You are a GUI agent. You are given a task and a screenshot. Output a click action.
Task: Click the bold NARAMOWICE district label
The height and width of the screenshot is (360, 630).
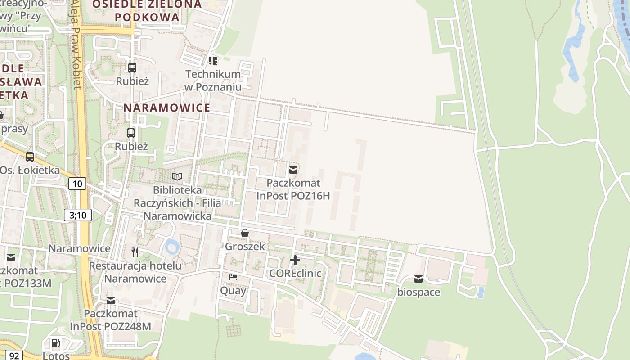(x=167, y=108)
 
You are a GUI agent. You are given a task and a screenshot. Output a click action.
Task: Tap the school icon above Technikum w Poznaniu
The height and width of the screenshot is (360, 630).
(x=213, y=60)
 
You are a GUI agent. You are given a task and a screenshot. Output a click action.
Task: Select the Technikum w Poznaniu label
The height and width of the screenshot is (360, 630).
(x=213, y=80)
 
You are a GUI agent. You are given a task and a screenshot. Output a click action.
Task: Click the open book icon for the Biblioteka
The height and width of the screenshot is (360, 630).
(x=177, y=176)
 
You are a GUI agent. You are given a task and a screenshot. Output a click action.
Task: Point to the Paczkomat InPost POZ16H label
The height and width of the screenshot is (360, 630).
(x=293, y=189)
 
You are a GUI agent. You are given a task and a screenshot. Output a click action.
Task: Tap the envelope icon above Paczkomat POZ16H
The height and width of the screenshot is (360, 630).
(x=293, y=170)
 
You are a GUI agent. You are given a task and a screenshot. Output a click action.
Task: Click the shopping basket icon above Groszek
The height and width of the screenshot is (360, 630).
(x=245, y=233)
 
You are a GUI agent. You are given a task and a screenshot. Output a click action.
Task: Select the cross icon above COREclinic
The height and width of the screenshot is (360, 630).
(x=295, y=260)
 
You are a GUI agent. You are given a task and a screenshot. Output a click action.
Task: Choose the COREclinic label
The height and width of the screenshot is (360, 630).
(x=295, y=273)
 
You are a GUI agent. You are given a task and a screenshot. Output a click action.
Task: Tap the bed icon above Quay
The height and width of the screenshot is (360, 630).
(x=233, y=277)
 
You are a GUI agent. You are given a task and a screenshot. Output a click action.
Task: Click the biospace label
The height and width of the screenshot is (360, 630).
(x=418, y=292)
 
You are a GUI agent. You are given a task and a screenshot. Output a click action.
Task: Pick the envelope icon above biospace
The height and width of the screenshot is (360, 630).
(x=418, y=279)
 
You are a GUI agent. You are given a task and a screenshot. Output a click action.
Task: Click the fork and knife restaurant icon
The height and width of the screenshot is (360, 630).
(x=135, y=252)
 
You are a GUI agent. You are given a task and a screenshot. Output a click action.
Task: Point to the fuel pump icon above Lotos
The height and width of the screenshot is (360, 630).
(x=56, y=343)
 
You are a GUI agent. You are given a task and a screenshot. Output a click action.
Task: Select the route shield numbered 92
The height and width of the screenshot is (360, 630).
(x=14, y=355)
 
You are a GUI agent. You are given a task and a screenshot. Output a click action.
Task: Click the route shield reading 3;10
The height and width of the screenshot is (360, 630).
(x=78, y=215)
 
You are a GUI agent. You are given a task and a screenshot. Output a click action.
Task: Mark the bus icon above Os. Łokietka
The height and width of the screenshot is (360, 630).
(x=30, y=157)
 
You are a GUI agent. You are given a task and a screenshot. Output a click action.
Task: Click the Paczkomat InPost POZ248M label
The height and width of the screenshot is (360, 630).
(x=111, y=319)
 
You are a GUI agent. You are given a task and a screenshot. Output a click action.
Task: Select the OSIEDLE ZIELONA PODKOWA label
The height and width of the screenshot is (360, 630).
(x=147, y=11)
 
